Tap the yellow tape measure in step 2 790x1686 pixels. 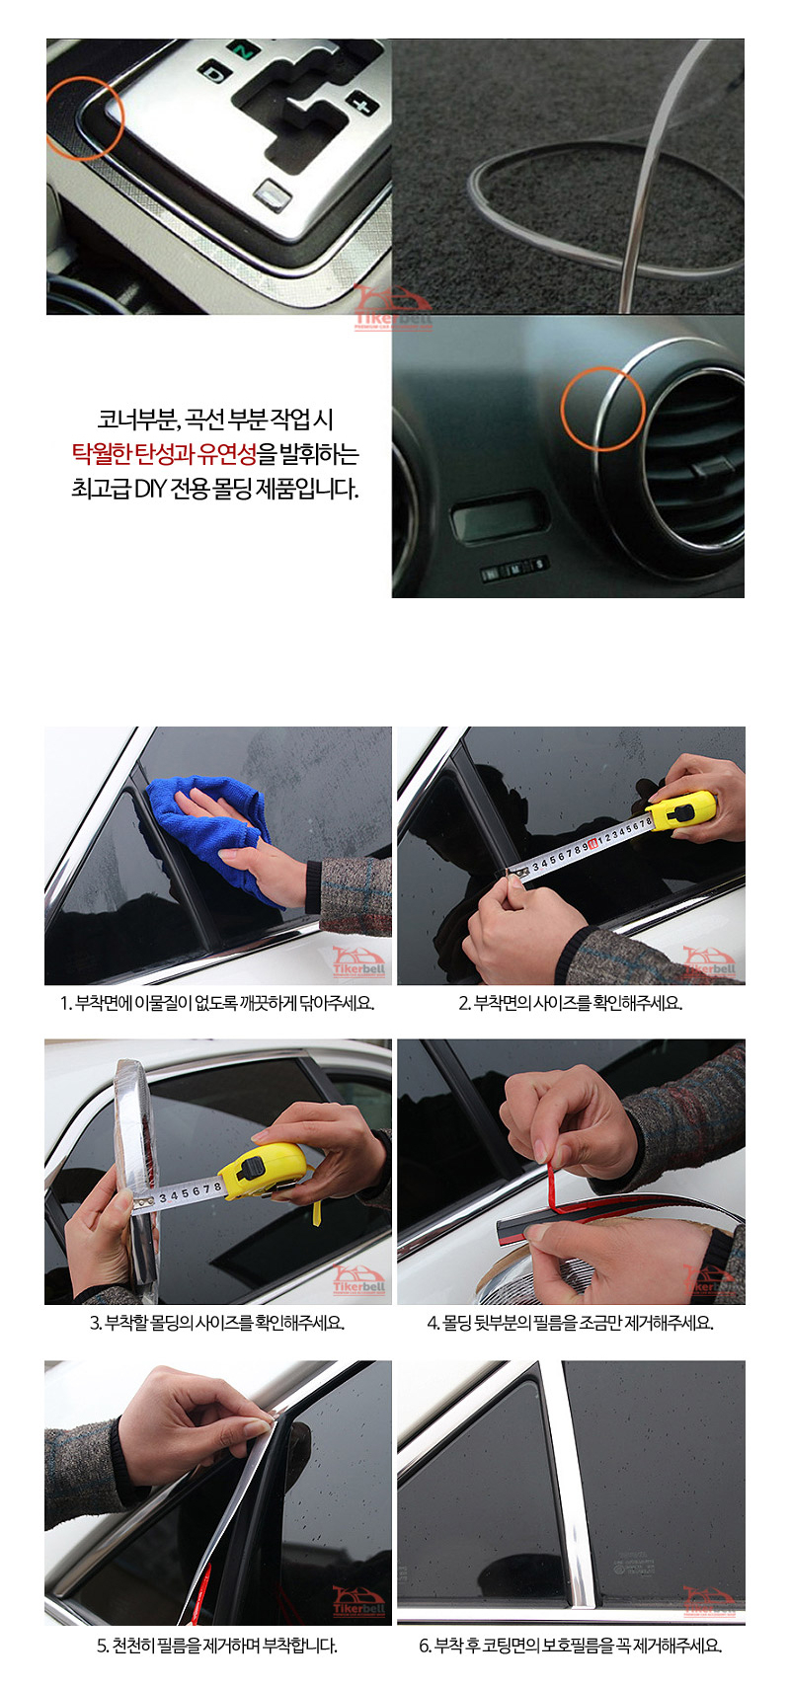[x=682, y=809]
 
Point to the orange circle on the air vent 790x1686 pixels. [x=602, y=408]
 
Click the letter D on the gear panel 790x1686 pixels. [x=215, y=74]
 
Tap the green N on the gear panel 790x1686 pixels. [x=243, y=51]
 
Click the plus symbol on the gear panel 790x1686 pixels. [x=364, y=104]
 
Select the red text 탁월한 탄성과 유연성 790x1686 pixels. [x=164, y=454]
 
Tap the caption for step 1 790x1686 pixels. [x=217, y=1003]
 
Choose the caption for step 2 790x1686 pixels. [x=571, y=1003]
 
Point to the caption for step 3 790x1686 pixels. [x=217, y=1323]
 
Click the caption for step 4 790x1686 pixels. [x=570, y=1323]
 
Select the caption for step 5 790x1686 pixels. [x=217, y=1647]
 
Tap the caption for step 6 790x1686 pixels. [x=570, y=1647]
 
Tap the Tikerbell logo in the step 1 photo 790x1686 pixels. [x=359, y=962]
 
